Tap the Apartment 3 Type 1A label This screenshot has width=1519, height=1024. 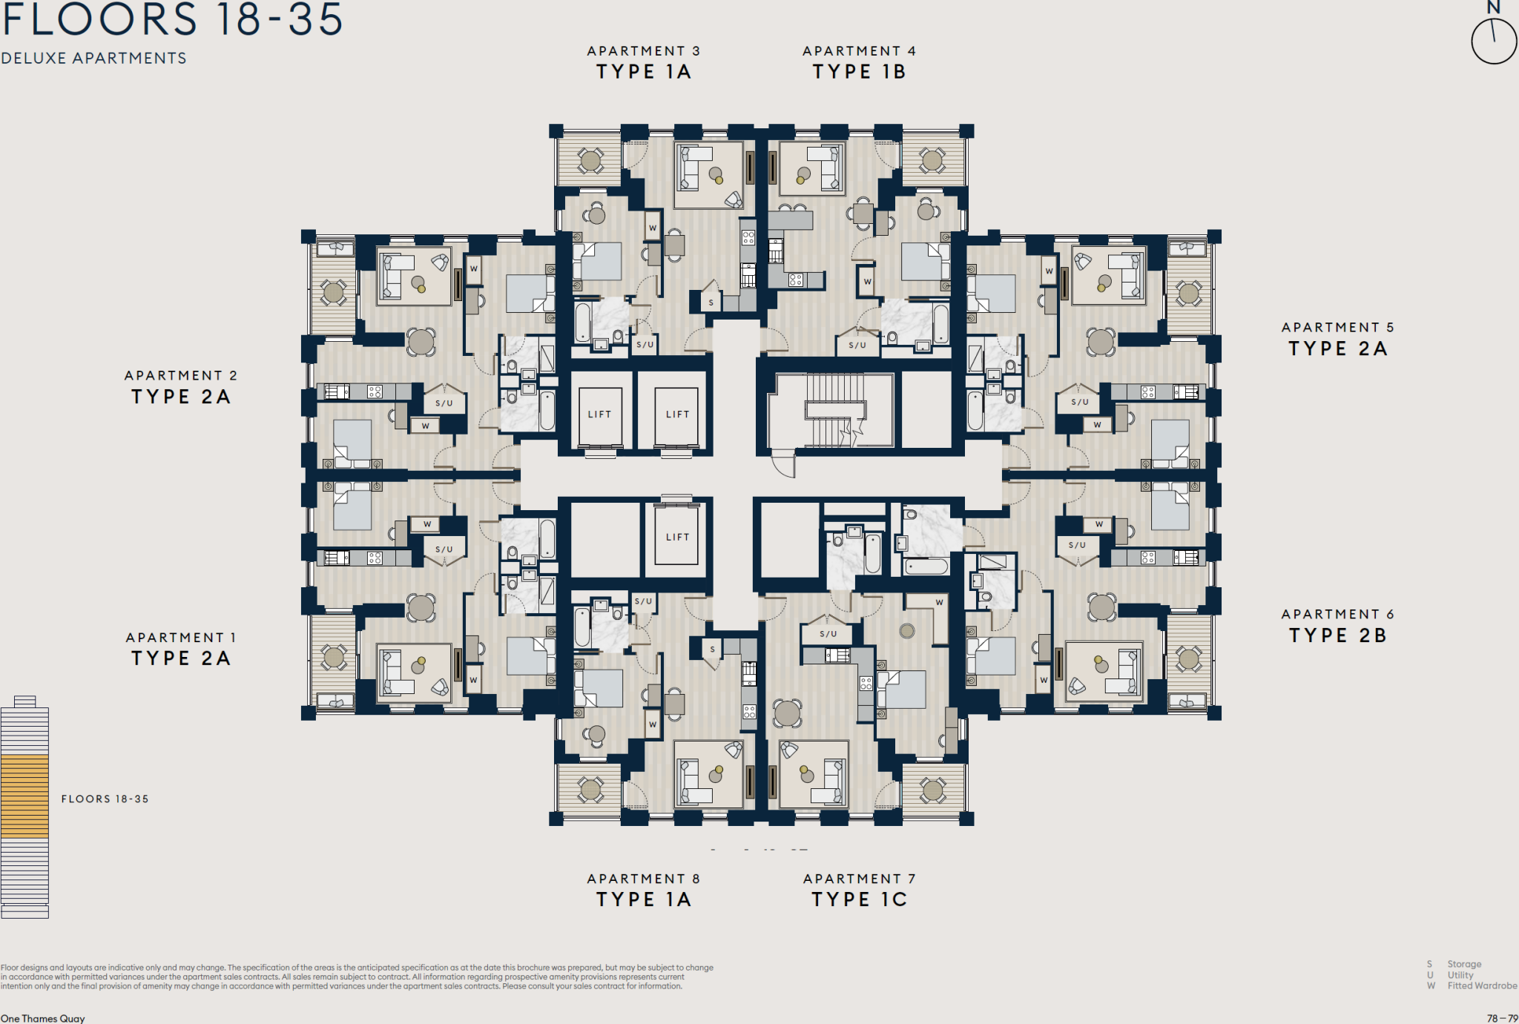click(x=643, y=62)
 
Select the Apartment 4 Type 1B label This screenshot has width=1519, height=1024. click(x=859, y=62)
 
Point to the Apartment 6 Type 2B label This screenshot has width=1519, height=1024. click(x=1337, y=626)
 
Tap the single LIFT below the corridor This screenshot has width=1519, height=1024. click(x=677, y=537)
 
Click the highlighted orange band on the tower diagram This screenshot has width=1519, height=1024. click(x=24, y=796)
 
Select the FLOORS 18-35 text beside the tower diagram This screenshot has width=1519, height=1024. click(x=105, y=799)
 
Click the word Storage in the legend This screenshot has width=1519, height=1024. click(x=1464, y=964)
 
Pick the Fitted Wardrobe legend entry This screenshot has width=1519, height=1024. click(x=1481, y=985)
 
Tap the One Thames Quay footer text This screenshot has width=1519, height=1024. click(x=43, y=1018)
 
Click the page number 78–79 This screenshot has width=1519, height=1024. click(x=1502, y=1018)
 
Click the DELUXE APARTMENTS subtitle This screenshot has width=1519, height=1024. click(x=93, y=58)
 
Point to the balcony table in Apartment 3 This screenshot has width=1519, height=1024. click(x=590, y=159)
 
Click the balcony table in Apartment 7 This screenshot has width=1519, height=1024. click(x=932, y=790)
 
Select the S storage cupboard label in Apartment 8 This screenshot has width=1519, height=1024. click(x=712, y=649)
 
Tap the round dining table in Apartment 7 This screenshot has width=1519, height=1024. click(x=787, y=713)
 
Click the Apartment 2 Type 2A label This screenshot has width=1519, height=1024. click(x=180, y=387)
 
